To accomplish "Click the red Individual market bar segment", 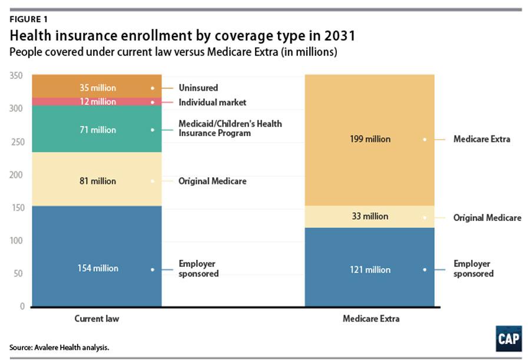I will coord(59,102).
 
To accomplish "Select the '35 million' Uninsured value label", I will coord(98,88).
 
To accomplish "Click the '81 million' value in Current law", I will coord(98,181).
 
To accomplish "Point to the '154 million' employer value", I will coord(98,268).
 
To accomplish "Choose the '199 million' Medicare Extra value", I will coord(370,139).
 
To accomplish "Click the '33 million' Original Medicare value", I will coord(370,216).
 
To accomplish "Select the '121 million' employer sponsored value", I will coord(370,269).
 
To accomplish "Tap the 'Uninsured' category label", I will coord(198,88).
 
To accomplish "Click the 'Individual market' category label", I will coord(212,103).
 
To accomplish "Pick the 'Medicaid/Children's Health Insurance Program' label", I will coord(230,128).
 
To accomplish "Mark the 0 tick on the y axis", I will coord(21,306).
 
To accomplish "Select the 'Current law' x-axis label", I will coord(97,319).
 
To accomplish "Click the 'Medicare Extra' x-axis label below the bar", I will coord(370,319).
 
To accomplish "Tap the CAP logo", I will coord(508,339).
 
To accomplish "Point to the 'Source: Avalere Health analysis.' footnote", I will coord(59,348).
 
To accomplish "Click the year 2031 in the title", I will coord(338,36).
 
